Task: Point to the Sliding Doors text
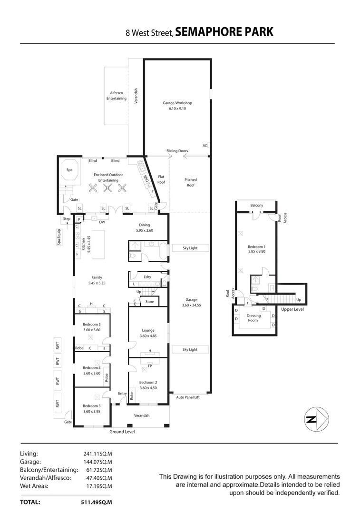[x=177, y=151]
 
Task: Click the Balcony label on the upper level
[x=256, y=205]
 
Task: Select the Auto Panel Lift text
[x=188, y=397]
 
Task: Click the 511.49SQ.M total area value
[x=97, y=502]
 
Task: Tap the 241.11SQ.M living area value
[x=97, y=454]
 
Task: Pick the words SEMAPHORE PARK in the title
[x=224, y=32]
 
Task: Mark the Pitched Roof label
[x=190, y=182]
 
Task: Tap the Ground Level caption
[x=122, y=432]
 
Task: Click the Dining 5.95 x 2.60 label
[x=144, y=227]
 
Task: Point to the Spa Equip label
[x=59, y=237]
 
